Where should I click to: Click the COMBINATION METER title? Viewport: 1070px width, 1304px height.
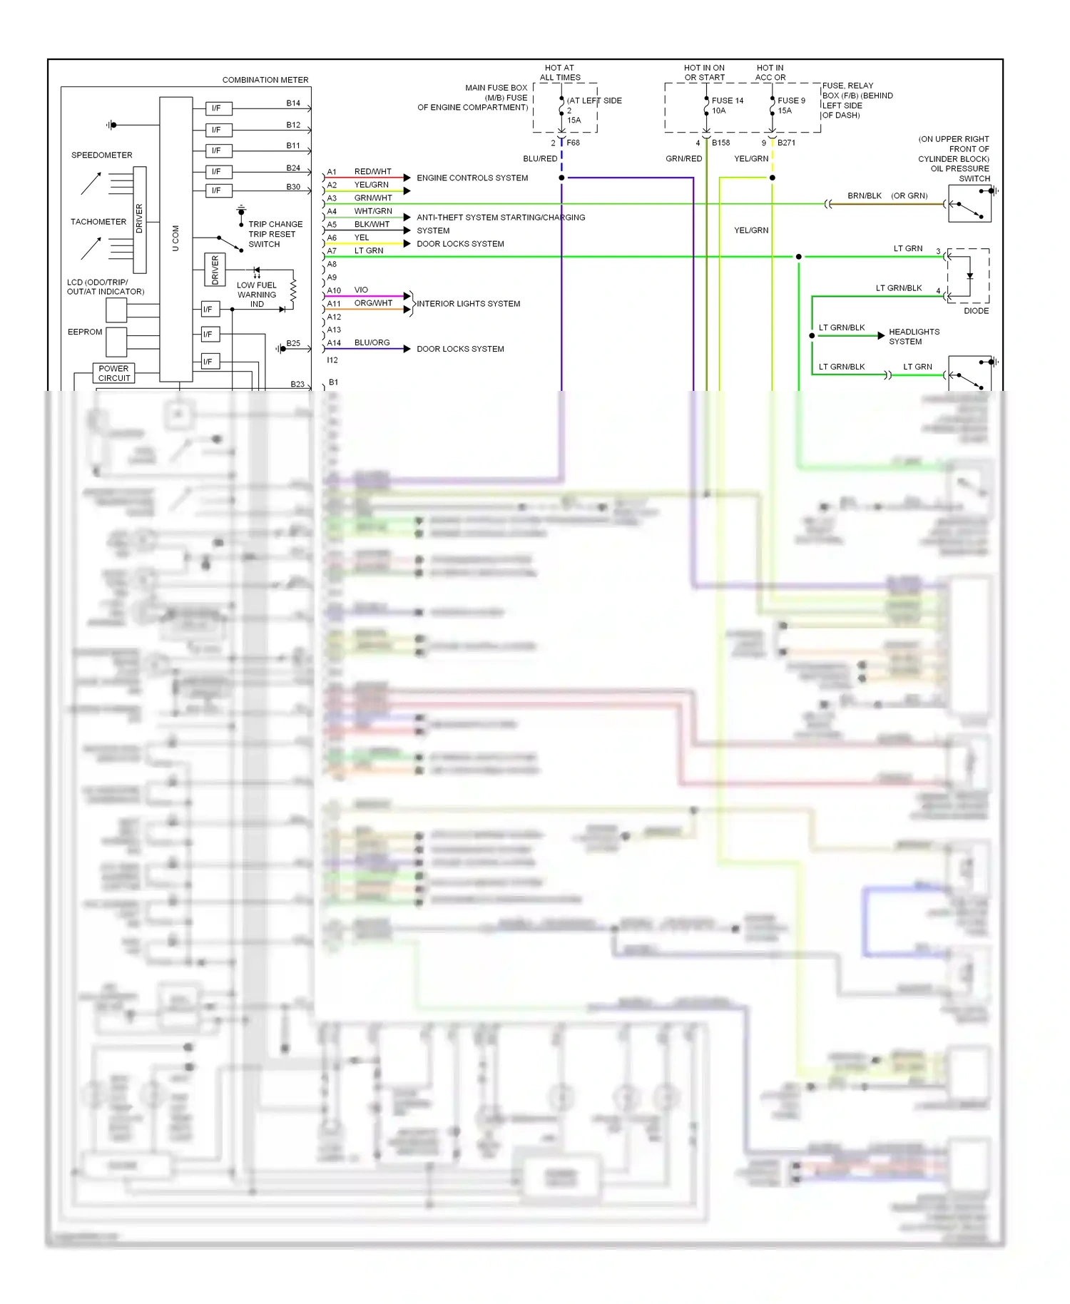[x=265, y=80]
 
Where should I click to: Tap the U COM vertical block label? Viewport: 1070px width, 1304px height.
[x=175, y=238]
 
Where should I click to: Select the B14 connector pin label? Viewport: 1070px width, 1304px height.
[x=293, y=103]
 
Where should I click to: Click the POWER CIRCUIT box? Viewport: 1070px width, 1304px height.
[x=114, y=373]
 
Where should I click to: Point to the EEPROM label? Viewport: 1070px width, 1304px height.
[x=85, y=332]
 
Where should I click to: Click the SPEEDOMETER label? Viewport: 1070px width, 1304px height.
[x=101, y=155]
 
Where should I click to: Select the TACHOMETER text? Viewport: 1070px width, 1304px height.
[x=98, y=222]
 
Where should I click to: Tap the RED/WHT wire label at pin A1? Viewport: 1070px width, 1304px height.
[x=372, y=172]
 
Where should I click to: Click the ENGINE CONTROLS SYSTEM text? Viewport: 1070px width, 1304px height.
[x=472, y=178]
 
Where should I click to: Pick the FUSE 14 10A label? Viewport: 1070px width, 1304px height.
[x=727, y=106]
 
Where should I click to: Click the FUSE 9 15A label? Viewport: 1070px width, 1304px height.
[x=791, y=106]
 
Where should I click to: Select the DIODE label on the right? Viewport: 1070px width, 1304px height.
[x=976, y=311]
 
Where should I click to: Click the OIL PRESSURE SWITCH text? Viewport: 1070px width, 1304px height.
[x=960, y=173]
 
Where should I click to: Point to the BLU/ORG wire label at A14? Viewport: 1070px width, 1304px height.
[x=372, y=342]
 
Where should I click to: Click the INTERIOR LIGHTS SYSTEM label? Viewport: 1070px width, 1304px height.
[x=468, y=304]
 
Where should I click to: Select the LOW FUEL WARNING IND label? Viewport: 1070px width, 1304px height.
[x=257, y=295]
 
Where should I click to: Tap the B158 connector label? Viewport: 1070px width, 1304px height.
[x=720, y=143]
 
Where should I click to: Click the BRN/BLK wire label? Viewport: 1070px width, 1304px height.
[x=864, y=195]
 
